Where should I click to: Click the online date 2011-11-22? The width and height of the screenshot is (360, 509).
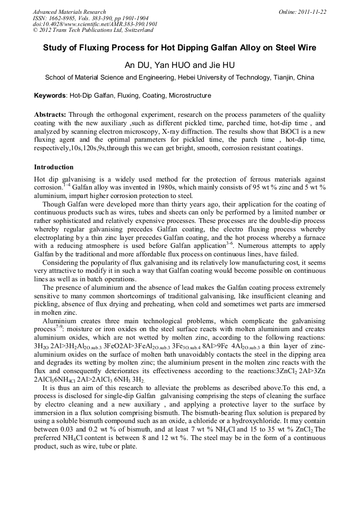312,12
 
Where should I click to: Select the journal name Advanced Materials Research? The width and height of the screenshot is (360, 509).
69,12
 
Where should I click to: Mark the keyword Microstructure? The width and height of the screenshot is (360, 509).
190,96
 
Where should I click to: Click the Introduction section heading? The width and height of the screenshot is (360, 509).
54,167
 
